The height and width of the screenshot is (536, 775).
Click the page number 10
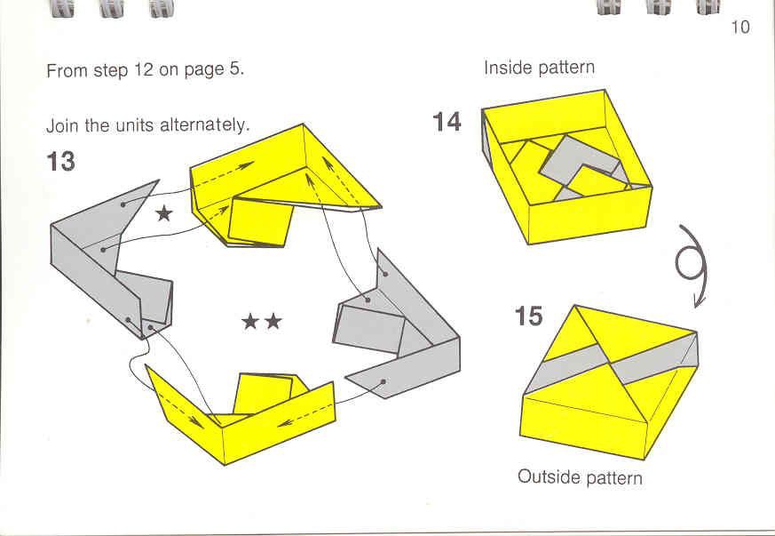740,27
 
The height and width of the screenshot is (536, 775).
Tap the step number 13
60,162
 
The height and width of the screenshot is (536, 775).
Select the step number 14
447,122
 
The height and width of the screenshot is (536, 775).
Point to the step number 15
529,316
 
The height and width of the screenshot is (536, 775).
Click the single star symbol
163,212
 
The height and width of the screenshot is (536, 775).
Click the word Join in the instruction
61,125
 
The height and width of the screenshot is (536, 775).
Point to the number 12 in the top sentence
144,70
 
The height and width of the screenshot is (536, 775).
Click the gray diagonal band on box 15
613,364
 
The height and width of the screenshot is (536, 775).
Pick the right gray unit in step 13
399,329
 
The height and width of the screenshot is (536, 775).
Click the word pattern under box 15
613,477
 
